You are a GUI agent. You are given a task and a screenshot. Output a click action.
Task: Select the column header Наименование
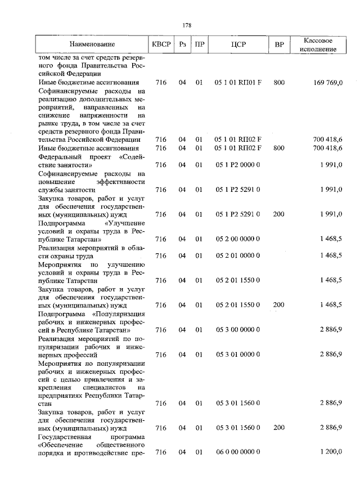(92, 44)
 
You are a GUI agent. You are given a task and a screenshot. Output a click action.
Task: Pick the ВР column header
(279, 44)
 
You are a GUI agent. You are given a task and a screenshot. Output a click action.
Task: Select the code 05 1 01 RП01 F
(238, 83)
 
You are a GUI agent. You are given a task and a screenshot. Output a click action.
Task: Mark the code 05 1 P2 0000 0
(237, 165)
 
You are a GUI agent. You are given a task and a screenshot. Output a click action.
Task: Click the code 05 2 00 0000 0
(237, 239)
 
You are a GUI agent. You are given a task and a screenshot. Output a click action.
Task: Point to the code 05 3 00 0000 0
(237, 329)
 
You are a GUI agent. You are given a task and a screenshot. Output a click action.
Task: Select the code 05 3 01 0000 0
(237, 355)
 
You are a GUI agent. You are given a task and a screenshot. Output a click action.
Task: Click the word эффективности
(121, 182)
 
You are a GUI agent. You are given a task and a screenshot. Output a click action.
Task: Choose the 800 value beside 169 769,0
(279, 83)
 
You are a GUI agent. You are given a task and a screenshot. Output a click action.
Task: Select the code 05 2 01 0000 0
(237, 255)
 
